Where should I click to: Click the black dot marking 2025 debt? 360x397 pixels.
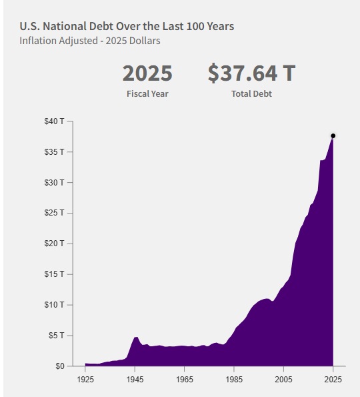(333, 136)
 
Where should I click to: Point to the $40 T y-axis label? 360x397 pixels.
(54, 121)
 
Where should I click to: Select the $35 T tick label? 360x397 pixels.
(54, 152)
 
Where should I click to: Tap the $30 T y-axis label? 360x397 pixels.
(54, 183)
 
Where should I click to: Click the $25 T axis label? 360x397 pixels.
(54, 213)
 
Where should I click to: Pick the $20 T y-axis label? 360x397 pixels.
(54, 244)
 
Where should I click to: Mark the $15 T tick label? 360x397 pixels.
(54, 274)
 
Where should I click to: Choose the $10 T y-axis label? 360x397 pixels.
(54, 305)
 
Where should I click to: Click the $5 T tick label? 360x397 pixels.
(57, 336)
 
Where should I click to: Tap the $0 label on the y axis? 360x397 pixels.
(60, 366)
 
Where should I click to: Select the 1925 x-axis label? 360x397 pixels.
(85, 380)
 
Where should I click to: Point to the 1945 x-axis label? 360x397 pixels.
(135, 380)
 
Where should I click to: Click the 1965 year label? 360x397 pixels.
(185, 380)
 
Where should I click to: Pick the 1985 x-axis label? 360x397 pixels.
(234, 380)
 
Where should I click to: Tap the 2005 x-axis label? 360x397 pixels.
(283, 380)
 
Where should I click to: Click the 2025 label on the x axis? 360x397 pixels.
(333, 380)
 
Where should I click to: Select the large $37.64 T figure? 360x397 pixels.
(252, 73)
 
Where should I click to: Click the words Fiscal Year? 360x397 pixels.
(147, 94)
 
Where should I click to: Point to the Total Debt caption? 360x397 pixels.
(252, 94)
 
